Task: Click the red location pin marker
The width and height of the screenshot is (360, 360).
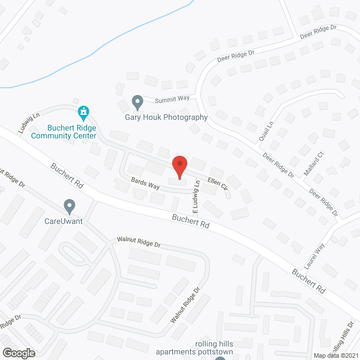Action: click(x=179, y=167)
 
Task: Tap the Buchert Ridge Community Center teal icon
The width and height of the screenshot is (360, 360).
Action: click(x=83, y=113)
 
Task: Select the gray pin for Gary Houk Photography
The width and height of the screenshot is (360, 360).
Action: click(x=137, y=103)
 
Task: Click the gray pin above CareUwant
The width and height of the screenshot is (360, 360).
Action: click(x=69, y=206)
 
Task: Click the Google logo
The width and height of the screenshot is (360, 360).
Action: click(x=18, y=353)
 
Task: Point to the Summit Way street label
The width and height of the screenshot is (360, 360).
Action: click(x=172, y=99)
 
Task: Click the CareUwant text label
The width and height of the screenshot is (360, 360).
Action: click(x=64, y=221)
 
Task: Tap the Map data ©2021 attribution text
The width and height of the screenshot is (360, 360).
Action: click(x=335, y=355)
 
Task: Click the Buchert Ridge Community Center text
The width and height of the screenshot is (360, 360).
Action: click(x=64, y=132)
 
